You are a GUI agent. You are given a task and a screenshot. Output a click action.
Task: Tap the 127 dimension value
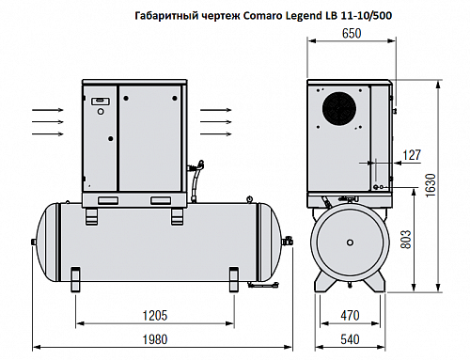point(411,154)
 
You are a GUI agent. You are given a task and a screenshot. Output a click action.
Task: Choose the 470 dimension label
point(349,317)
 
